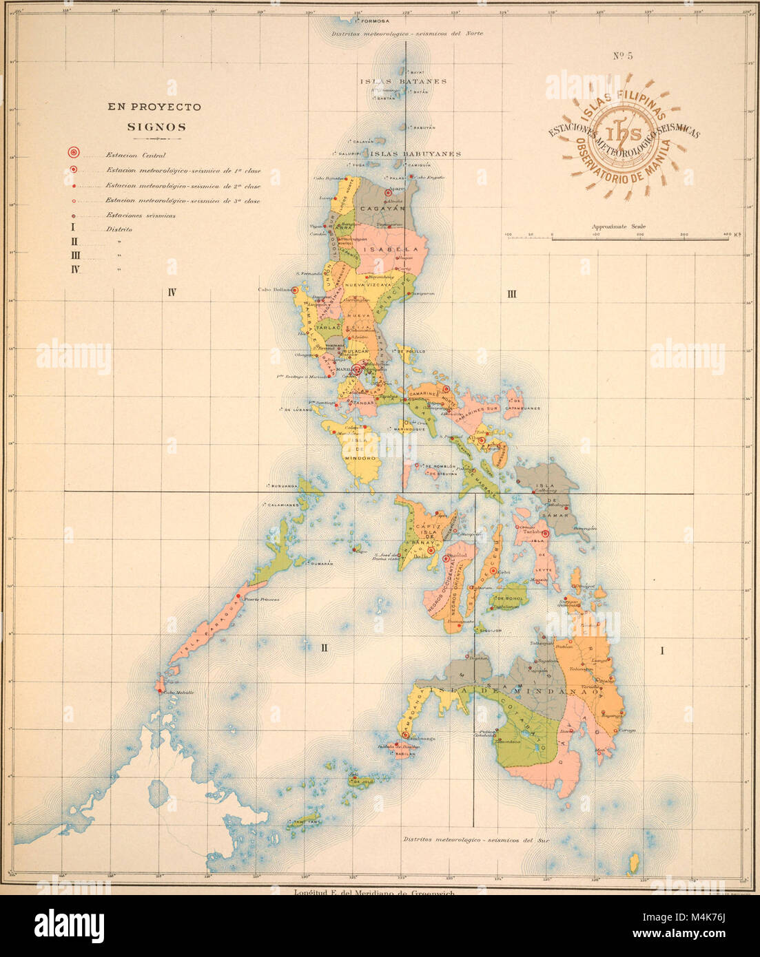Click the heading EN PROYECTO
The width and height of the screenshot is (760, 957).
[154, 107]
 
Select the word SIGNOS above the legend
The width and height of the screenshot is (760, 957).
[156, 127]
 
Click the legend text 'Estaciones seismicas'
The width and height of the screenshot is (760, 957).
[140, 215]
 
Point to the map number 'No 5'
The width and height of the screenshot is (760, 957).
[623, 56]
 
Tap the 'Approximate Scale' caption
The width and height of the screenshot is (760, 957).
[618, 227]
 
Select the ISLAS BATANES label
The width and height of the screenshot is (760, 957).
[403, 81]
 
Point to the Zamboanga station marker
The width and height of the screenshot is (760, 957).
[405, 735]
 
